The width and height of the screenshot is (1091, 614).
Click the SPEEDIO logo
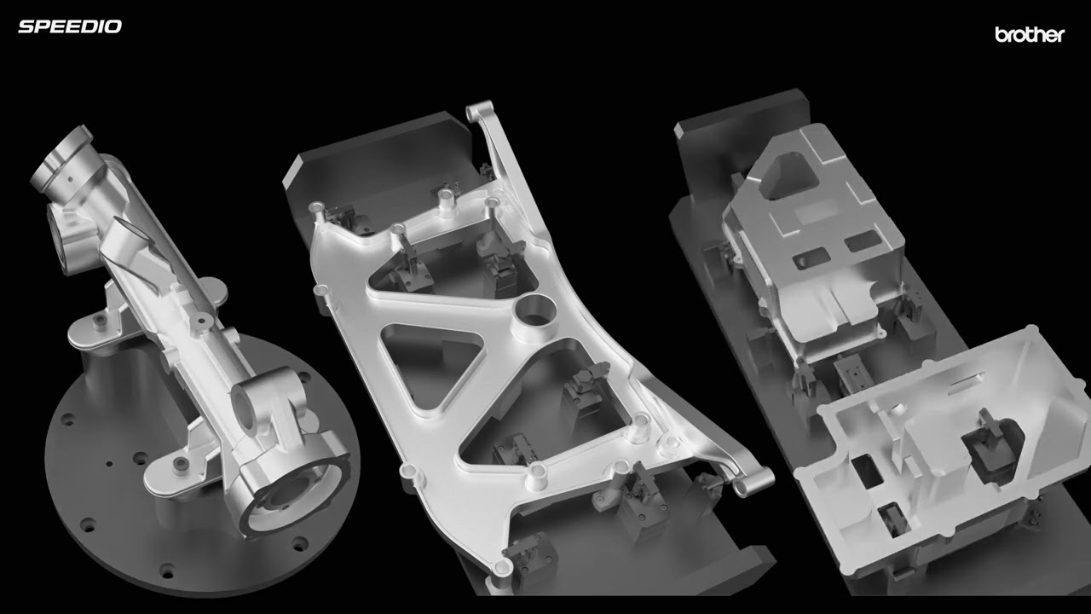(x=70, y=26)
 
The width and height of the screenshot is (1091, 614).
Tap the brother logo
(x=1030, y=35)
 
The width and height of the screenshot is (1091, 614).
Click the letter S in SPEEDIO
(x=26, y=26)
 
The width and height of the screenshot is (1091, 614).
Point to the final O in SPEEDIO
(x=114, y=26)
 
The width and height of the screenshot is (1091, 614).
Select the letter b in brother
(x=1000, y=35)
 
